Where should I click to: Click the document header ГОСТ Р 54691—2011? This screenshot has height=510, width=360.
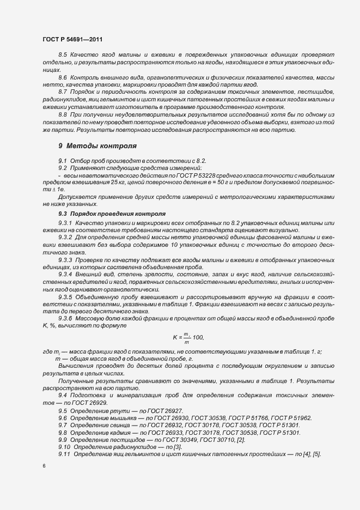point(72,40)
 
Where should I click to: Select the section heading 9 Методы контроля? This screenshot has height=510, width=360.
point(97,146)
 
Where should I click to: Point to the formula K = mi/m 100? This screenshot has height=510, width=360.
point(187,338)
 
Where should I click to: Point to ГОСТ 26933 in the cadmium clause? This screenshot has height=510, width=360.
point(162,432)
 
